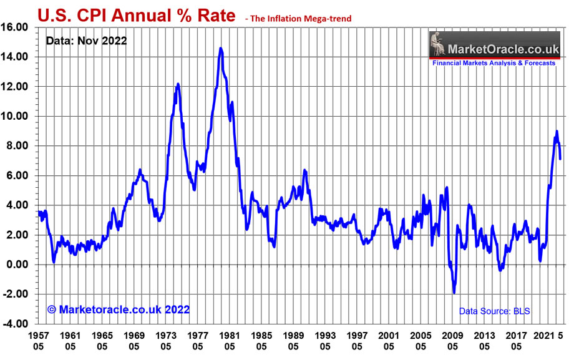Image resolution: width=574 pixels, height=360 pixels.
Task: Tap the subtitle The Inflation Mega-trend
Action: (299, 19)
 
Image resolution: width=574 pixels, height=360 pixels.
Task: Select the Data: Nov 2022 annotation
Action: (87, 41)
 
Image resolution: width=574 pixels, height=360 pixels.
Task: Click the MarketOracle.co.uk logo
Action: (493, 46)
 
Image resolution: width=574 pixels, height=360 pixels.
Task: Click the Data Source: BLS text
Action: (495, 310)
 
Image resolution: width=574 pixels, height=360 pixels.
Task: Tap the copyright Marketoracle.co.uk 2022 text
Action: (119, 309)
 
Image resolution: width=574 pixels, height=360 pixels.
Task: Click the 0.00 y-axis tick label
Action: (19, 265)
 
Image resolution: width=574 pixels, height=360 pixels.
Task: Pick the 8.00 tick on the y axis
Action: (19, 146)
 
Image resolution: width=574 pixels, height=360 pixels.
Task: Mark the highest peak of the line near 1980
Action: (221, 48)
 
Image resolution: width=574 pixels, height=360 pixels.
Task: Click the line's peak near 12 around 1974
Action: (178, 84)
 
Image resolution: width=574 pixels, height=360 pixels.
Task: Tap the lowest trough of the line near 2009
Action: (454, 293)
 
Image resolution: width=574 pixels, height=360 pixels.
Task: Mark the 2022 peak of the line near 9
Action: (557, 131)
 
